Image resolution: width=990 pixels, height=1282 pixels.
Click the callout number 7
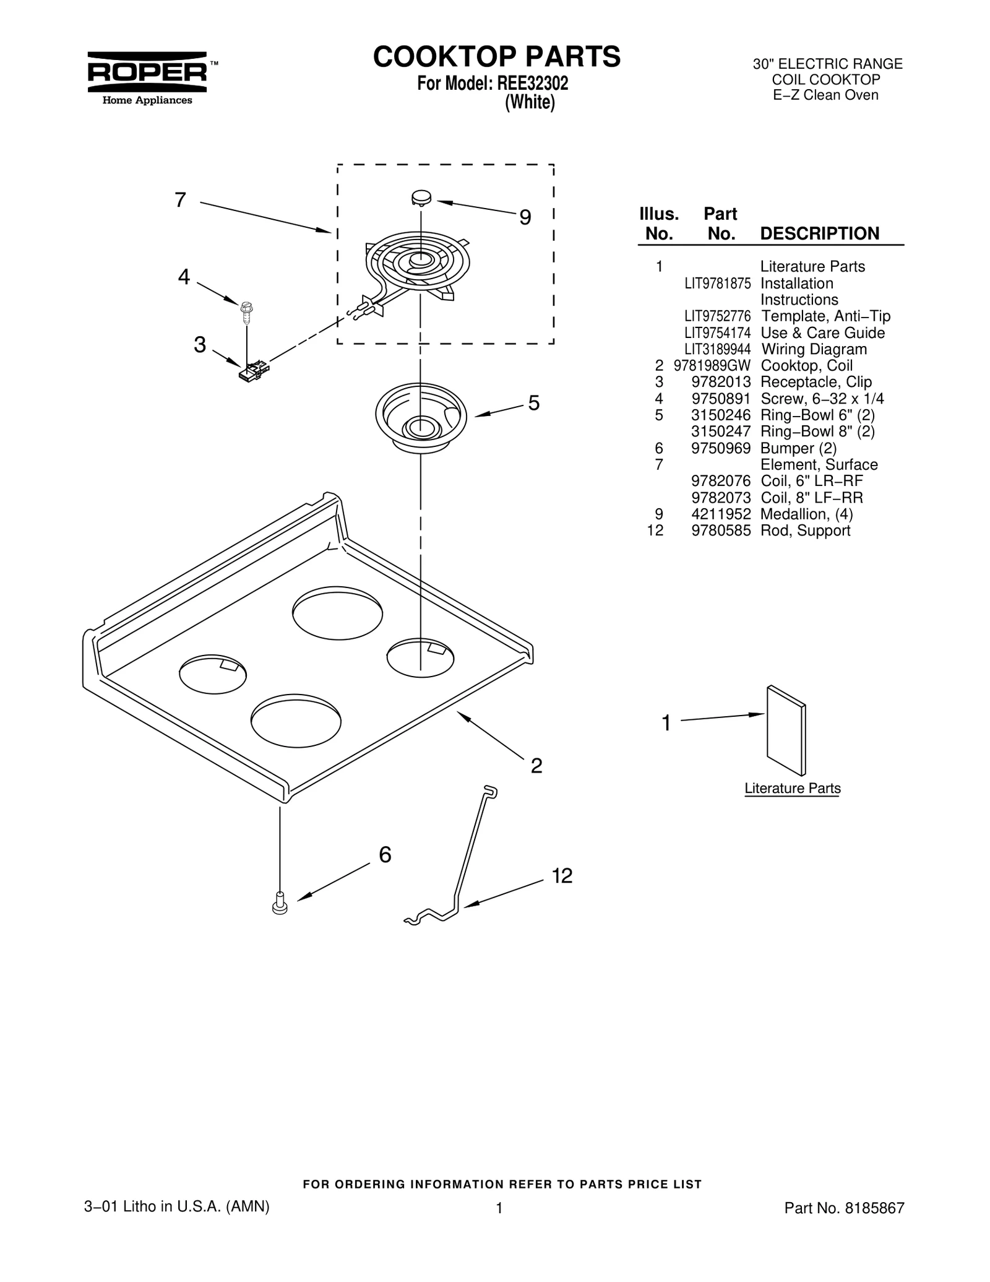coord(180,200)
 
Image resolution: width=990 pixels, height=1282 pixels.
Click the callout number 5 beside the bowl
coord(533,403)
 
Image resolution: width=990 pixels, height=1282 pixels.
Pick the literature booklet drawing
coord(786,730)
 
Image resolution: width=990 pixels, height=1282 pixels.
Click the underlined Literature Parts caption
coord(792,789)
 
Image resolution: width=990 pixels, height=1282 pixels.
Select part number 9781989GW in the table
coord(712,366)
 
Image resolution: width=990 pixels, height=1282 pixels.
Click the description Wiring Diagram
coord(814,349)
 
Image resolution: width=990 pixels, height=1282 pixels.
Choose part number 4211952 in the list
coord(721,514)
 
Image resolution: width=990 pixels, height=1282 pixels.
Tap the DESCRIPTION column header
coord(819,233)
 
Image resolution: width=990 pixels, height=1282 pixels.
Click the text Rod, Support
coord(805,531)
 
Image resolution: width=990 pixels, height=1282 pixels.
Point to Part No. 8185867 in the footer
coord(844,1208)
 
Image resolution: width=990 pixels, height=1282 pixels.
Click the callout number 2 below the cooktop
coord(536,766)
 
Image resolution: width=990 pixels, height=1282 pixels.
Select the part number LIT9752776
coord(717,316)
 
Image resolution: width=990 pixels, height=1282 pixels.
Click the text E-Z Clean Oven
coord(825,95)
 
